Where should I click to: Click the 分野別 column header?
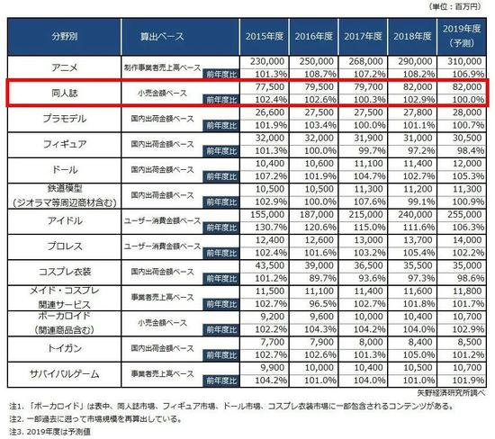coord(64,40)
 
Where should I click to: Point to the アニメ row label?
coord(64,66)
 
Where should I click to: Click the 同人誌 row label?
coord(64,94)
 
